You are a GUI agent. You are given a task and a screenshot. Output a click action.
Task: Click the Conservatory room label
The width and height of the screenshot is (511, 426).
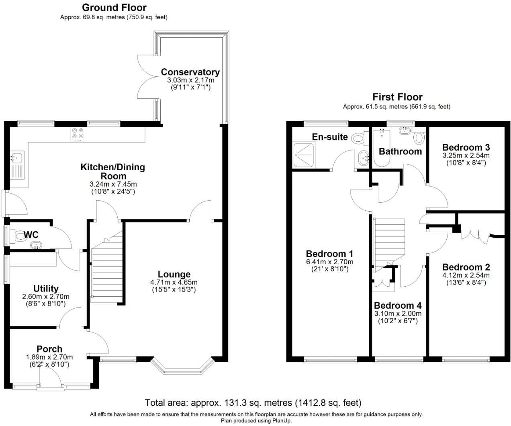click(x=190, y=72)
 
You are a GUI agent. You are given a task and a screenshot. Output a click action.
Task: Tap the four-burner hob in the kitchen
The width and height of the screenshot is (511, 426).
click(x=78, y=134)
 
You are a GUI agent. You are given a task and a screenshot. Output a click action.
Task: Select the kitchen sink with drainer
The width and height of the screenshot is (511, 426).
click(x=18, y=165)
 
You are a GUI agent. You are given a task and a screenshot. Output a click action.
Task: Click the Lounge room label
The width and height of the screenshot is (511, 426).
click(x=174, y=274)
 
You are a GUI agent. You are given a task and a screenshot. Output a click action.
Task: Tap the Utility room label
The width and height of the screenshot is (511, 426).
click(x=46, y=288)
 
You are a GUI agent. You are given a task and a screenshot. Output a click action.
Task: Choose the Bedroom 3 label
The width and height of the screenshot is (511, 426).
click(x=466, y=147)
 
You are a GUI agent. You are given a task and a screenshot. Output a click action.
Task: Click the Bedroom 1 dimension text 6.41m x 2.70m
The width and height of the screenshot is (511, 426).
click(x=329, y=262)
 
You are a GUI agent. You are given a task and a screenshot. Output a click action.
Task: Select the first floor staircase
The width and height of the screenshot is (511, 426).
click(x=389, y=241)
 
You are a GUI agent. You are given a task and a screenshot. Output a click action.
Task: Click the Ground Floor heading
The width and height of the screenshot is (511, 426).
click(x=114, y=7)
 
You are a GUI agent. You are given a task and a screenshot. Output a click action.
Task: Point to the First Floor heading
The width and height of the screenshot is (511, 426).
click(x=397, y=97)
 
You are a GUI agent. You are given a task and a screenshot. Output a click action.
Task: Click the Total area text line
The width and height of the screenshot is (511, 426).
click(x=253, y=402)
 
